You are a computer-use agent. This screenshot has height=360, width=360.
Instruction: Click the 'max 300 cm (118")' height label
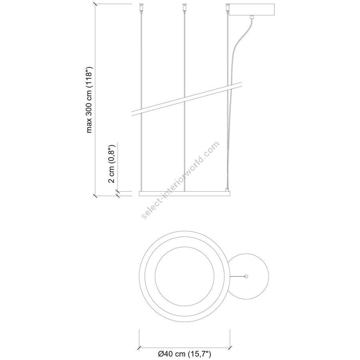tap(89, 100)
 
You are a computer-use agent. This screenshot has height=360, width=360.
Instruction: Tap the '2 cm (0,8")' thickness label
tap(112, 164)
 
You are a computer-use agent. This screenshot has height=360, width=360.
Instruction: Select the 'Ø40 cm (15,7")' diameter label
tap(184, 354)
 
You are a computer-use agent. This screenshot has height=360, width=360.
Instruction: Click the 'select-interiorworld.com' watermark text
tap(181, 180)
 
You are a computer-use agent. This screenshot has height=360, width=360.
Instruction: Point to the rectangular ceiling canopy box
tap(252, 10)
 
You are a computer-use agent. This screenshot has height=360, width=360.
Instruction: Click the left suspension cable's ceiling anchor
tap(140, 7)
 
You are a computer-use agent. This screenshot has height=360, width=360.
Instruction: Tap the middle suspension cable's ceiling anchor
tap(184, 7)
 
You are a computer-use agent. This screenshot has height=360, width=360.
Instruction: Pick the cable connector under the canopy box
tap(252, 17)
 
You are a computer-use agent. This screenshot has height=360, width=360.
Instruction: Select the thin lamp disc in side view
tap(184, 194)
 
